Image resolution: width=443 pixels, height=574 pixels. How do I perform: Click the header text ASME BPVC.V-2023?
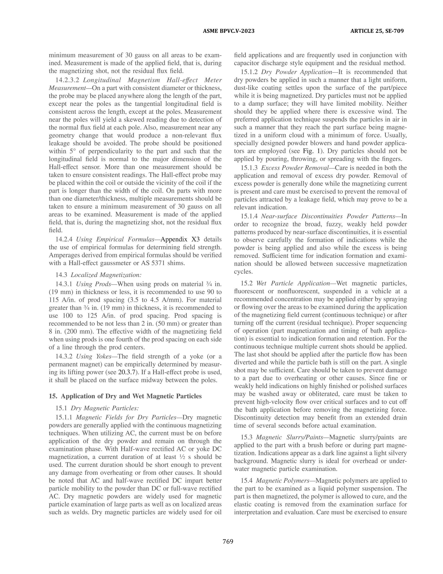pos(229,31)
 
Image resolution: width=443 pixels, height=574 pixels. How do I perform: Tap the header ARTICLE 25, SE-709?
pos(377,31)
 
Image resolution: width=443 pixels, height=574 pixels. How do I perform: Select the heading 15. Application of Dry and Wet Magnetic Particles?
pos(125,396)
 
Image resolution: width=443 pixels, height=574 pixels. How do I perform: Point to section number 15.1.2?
pos(249,72)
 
